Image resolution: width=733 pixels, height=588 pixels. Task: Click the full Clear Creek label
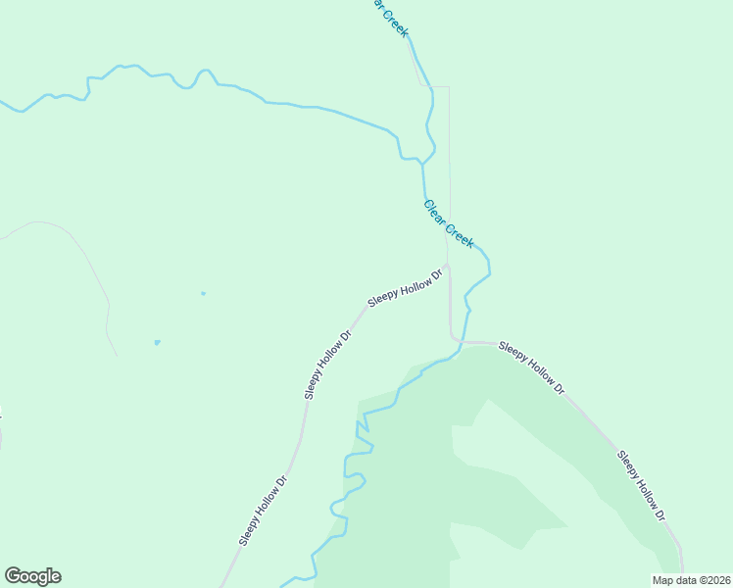point(449,224)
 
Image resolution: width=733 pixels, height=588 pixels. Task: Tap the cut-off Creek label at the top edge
point(389,17)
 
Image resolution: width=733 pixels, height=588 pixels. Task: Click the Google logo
point(32,576)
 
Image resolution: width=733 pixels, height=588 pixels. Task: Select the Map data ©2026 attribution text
point(691,580)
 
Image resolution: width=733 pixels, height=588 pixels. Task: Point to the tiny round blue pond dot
point(203,293)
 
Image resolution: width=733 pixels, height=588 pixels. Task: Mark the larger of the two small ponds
point(157,342)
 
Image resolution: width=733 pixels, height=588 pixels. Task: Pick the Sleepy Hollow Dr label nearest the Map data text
point(641,485)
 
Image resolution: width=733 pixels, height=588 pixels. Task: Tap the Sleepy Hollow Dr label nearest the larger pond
point(327,365)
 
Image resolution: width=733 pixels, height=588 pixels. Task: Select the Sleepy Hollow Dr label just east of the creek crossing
point(531,367)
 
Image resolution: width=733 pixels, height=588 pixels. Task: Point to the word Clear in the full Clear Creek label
point(435,212)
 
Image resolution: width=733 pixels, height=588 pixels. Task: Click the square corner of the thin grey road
point(449,87)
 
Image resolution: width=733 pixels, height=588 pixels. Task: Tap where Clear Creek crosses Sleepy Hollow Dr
point(459,342)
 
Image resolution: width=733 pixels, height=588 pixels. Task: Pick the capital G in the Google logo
point(13,576)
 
